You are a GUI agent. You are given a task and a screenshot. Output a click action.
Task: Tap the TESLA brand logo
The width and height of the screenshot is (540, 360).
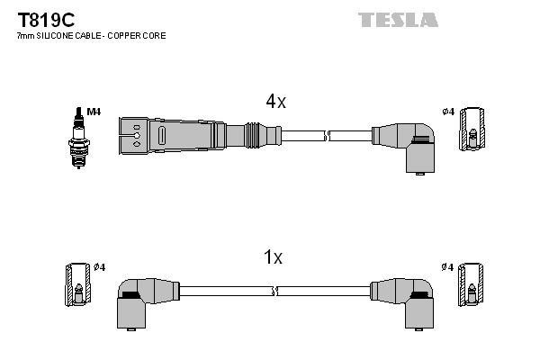click(x=399, y=19)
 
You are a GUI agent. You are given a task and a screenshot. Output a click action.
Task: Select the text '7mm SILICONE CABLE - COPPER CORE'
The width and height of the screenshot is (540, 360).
click(x=90, y=35)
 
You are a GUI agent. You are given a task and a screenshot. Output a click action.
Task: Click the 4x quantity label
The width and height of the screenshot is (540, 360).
click(x=275, y=102)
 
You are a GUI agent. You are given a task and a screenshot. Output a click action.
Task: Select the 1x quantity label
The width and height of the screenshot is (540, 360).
click(x=273, y=257)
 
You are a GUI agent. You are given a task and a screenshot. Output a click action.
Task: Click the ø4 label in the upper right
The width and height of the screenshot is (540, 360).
click(x=447, y=112)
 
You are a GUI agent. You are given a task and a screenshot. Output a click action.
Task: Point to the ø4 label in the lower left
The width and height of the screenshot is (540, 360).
click(x=99, y=267)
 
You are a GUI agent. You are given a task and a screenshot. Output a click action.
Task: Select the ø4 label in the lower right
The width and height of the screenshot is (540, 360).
click(x=447, y=267)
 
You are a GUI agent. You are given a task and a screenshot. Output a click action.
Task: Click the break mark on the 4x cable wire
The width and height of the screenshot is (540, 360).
click(x=327, y=136)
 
